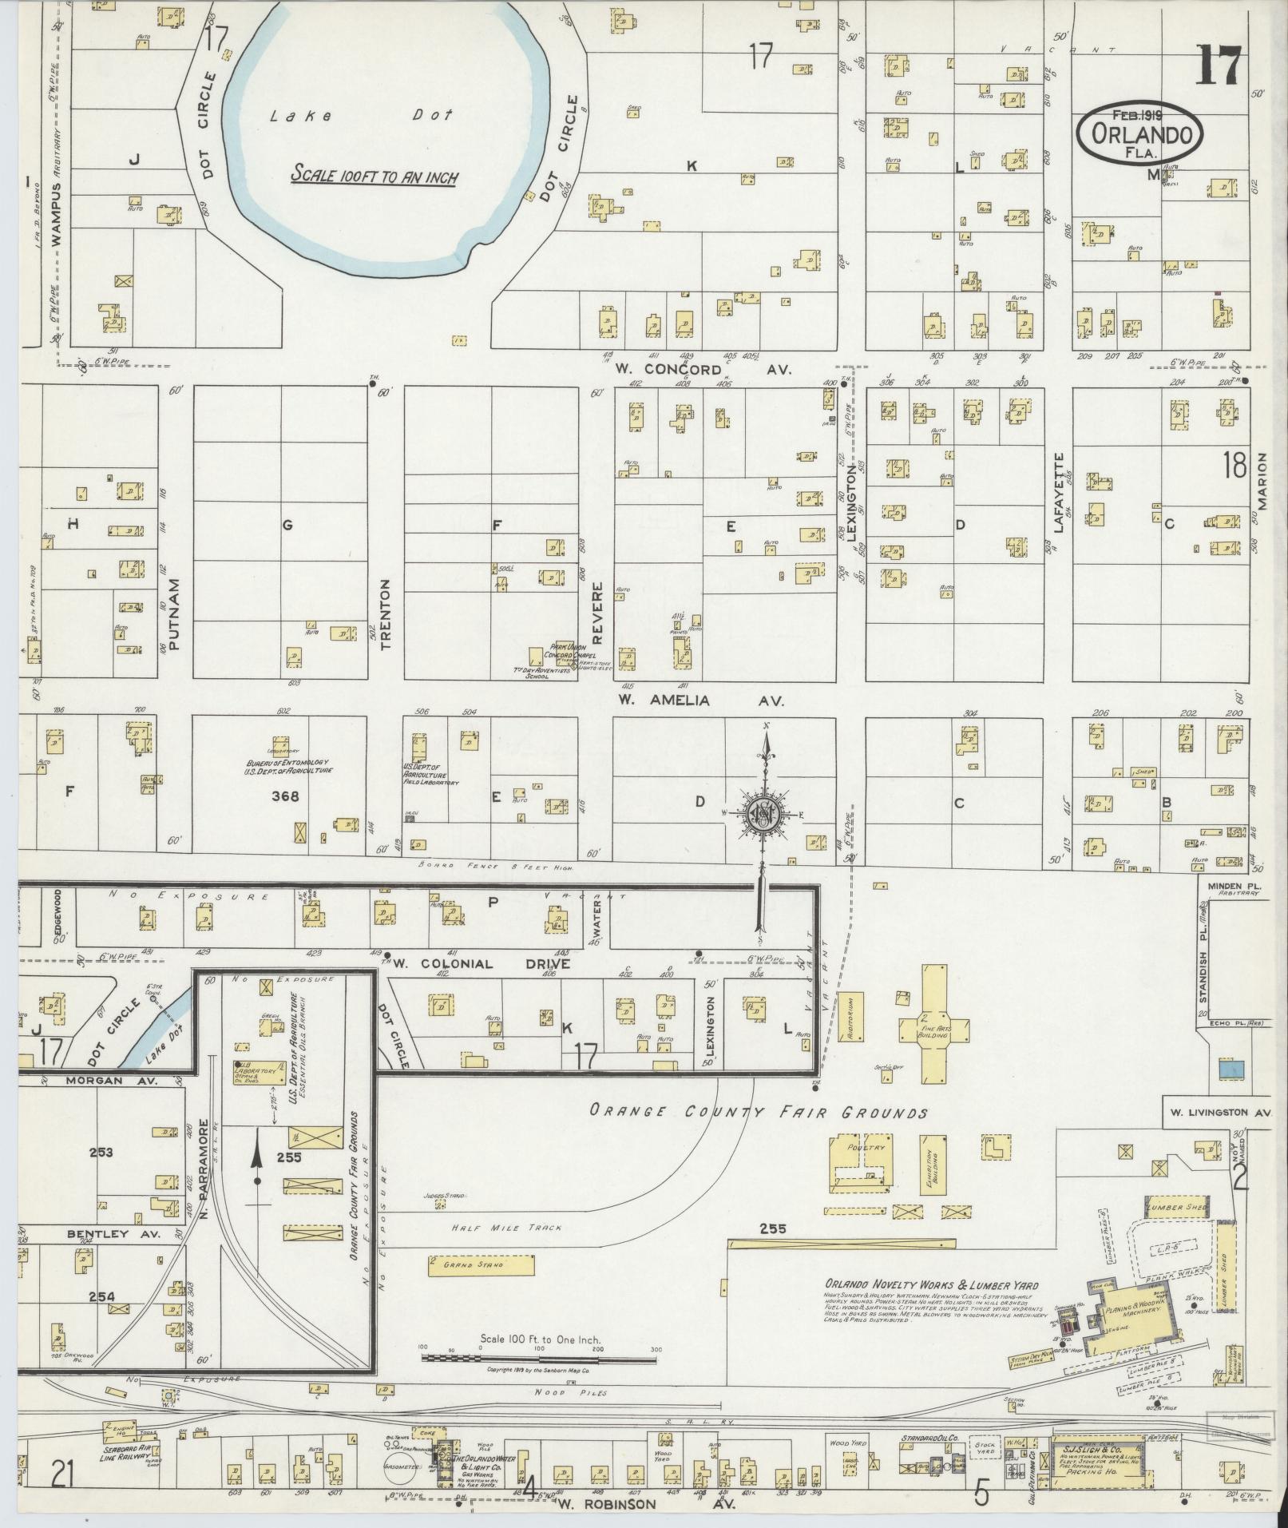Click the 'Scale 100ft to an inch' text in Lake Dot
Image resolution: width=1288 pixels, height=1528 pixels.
point(374,174)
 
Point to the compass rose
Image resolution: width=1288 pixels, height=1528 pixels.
point(763,814)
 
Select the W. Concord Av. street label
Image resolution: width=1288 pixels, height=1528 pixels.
point(703,370)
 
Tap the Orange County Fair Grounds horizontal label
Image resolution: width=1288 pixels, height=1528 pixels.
point(758,1112)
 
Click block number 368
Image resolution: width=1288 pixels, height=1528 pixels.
point(285,796)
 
